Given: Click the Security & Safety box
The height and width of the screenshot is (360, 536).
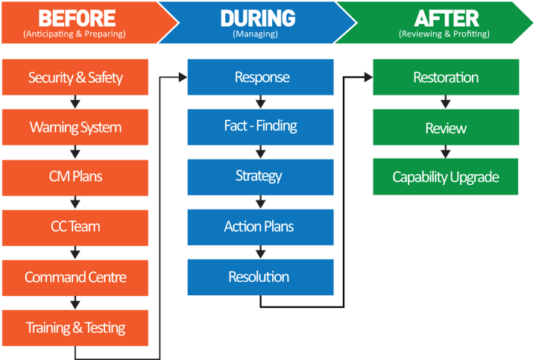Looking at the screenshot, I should point(75,78).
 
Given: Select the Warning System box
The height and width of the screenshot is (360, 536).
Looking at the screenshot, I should point(75,127).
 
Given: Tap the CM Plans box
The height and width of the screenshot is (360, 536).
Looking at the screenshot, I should point(75,177).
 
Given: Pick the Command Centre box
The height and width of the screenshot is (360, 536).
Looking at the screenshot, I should point(75,277).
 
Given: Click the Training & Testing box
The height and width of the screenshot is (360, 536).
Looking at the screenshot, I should point(75,327).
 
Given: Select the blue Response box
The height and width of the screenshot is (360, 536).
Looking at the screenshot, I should point(262,78).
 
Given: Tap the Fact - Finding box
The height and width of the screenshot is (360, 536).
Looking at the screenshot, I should point(260,126).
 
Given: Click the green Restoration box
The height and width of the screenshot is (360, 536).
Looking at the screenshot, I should point(446,78).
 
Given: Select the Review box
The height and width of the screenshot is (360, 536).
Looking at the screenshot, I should point(446,128).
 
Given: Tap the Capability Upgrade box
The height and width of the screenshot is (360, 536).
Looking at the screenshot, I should point(446,177).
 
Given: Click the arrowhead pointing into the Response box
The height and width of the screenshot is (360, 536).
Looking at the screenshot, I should point(183,76).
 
